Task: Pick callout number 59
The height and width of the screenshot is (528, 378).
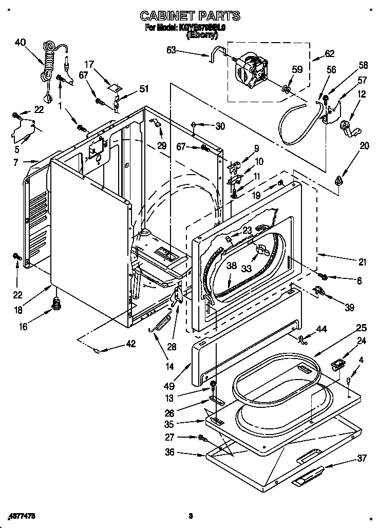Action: point(297,69)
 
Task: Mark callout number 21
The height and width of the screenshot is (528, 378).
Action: point(363,262)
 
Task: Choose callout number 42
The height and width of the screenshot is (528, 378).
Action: point(130,344)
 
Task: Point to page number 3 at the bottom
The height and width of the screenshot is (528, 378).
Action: point(190,515)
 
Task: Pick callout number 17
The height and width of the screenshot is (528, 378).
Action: point(89,64)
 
